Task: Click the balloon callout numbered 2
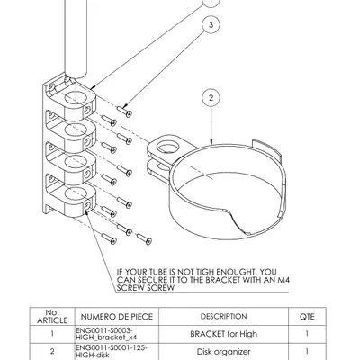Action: [210, 97]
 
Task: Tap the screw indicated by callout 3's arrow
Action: [126, 112]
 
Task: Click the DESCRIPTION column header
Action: [223, 316]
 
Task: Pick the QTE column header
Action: [306, 316]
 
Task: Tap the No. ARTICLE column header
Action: [50, 316]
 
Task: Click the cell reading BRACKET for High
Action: [223, 334]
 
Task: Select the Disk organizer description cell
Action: [223, 351]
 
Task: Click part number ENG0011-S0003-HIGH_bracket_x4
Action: [109, 334]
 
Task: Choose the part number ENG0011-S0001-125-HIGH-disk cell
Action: [109, 351]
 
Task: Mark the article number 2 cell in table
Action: [50, 351]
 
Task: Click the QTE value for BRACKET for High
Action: [306, 334]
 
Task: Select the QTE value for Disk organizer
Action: [306, 351]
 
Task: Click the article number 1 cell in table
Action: [50, 334]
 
